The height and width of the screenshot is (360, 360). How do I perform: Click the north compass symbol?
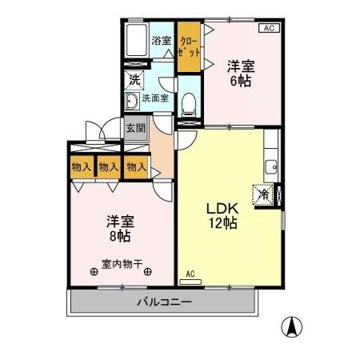pyautogui.click(x=294, y=327)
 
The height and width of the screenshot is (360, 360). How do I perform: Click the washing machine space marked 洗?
pyautogui.click(x=134, y=79)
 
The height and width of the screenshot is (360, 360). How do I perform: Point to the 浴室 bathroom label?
pyautogui.click(x=162, y=40)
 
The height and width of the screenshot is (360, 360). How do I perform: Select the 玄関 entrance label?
pyautogui.click(x=135, y=128)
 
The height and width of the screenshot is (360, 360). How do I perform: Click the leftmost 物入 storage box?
pyautogui.click(x=80, y=166)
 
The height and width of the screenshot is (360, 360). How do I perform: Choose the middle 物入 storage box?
pyautogui.click(x=108, y=166)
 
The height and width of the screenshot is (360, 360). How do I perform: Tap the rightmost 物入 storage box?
pyautogui.click(x=136, y=166)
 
